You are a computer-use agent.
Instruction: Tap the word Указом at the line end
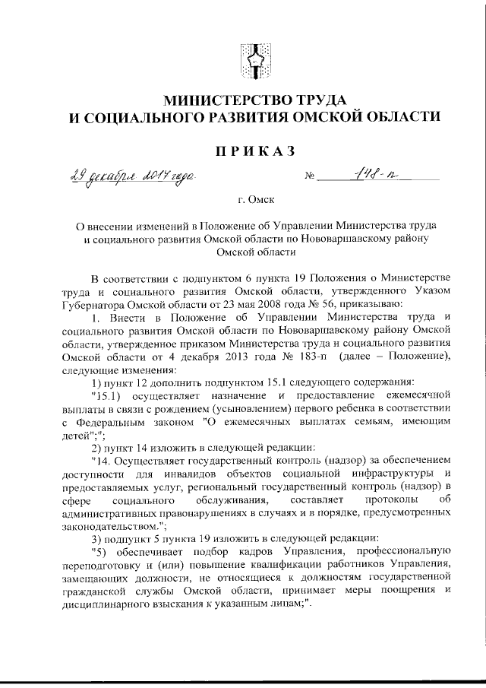pyautogui.click(x=433, y=293)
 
